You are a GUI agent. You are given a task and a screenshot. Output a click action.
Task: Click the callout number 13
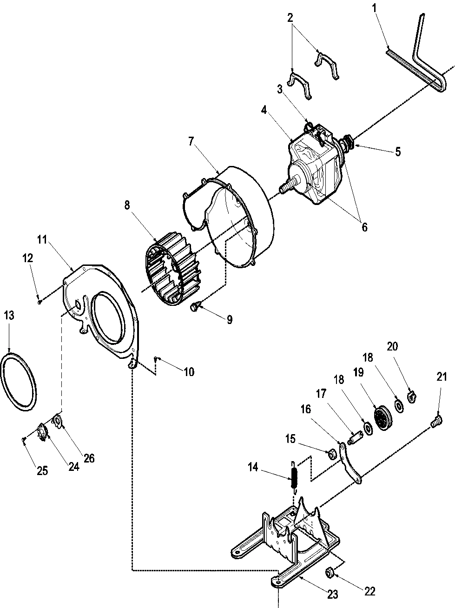click(9, 316)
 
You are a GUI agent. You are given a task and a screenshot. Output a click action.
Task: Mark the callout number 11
click(42, 240)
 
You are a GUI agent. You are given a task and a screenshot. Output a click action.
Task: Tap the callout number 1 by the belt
click(375, 8)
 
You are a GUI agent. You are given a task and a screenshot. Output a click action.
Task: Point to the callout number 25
click(42, 470)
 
